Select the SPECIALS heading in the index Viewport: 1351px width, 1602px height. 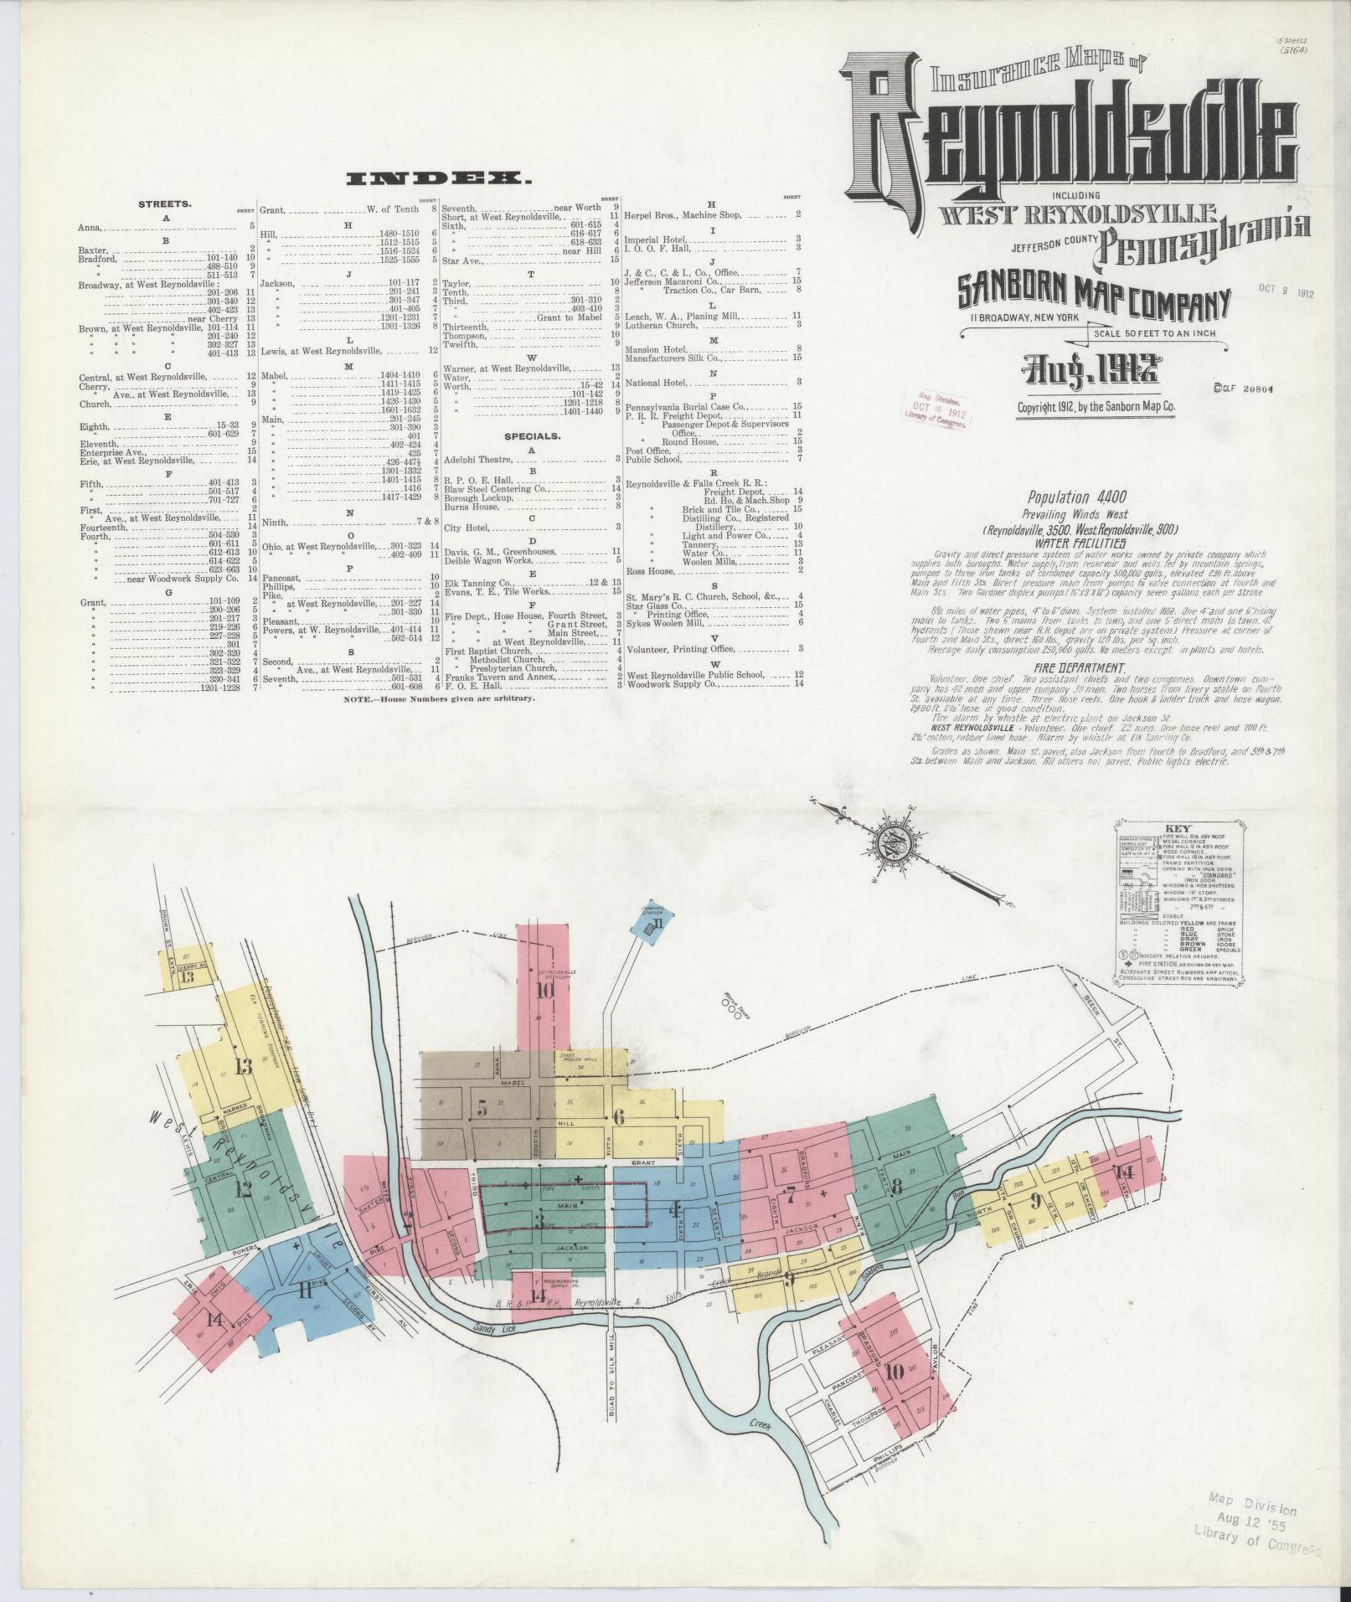(532, 436)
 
